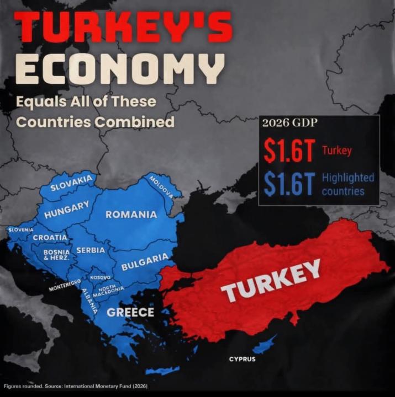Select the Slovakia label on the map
71,183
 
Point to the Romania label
131,214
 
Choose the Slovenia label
20,229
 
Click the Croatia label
50,238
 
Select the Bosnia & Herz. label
56,255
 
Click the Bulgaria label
145,262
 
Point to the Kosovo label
101,277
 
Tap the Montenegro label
65,286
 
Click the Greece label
130,312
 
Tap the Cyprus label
243,359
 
